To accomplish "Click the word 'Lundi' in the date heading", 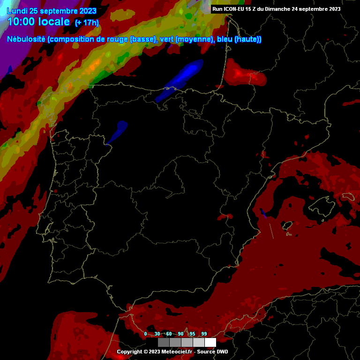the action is coord(17,11).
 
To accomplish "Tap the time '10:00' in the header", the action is coord(22,22).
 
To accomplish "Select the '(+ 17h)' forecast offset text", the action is coord(87,22).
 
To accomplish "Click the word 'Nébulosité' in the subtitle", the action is coord(26,39).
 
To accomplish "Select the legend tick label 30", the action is coord(157,334).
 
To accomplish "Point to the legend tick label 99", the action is coord(204,334).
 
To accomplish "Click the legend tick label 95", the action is coord(193,334).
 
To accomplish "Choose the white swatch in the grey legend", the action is coord(210,342).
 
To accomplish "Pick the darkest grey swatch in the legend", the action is coord(164,342).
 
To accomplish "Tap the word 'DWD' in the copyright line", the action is coord(222,352).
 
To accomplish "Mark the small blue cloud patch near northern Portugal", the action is coord(117,132).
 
